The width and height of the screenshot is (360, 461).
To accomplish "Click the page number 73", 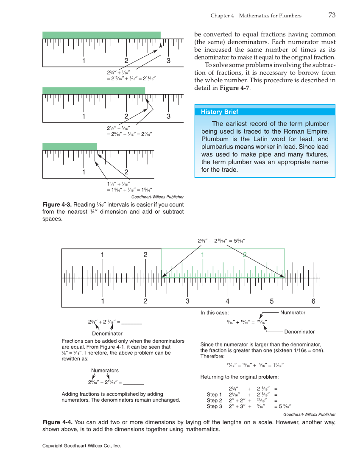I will coord(332,15).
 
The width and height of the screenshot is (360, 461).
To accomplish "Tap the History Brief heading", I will coord(219,112).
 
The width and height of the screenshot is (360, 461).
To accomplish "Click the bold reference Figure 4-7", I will coord(234,88).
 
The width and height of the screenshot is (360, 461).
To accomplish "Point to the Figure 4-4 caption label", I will coord(57,422).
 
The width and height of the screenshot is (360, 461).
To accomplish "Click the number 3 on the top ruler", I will coord(168,61).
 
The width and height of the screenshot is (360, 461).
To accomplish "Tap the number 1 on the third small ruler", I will coord(84,172).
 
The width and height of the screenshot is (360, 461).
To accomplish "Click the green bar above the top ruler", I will coord(101,35).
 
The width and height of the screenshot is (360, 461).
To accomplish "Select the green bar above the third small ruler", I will coord(70,146).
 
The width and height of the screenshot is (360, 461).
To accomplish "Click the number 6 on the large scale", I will coord(313,302).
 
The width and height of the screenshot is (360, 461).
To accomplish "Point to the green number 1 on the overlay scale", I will coord(203,255).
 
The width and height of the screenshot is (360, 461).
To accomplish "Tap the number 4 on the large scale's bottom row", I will coord(228,302).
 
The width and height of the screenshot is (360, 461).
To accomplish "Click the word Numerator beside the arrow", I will coord(293,313).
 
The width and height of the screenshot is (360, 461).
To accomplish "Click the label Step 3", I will coord(214,406).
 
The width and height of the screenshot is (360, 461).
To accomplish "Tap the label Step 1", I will coord(214,394).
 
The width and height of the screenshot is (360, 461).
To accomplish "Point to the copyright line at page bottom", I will coord(82,446).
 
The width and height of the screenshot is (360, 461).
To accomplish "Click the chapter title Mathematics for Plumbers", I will coord(270,16).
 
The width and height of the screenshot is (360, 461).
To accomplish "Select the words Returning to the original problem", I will coord(240,377).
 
